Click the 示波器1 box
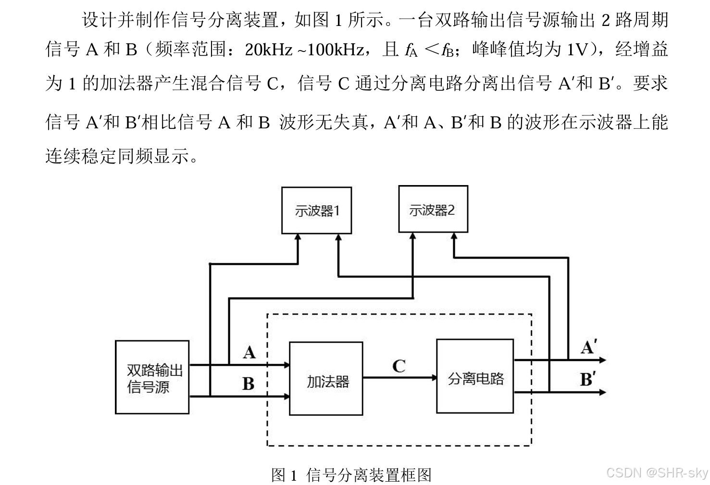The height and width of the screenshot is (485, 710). click(x=316, y=211)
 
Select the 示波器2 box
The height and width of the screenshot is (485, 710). click(x=433, y=210)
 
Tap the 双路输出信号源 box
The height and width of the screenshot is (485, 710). click(x=152, y=377)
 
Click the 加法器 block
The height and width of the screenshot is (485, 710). click(x=326, y=379)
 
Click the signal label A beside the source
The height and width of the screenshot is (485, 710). click(x=249, y=353)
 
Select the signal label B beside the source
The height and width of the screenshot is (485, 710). click(x=248, y=384)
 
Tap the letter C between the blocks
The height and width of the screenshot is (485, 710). click(x=399, y=366)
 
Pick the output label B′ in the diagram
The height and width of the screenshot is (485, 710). click(x=588, y=379)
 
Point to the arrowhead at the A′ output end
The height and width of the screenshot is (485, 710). click(x=602, y=360)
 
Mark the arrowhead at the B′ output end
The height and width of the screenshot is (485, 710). click(x=602, y=392)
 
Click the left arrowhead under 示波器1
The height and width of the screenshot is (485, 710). click(x=298, y=237)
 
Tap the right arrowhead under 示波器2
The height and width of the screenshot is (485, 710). click(x=454, y=236)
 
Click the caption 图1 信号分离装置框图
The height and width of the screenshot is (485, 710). click(x=351, y=475)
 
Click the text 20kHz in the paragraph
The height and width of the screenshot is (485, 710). click(x=268, y=49)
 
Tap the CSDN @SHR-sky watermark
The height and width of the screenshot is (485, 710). click(x=657, y=473)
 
